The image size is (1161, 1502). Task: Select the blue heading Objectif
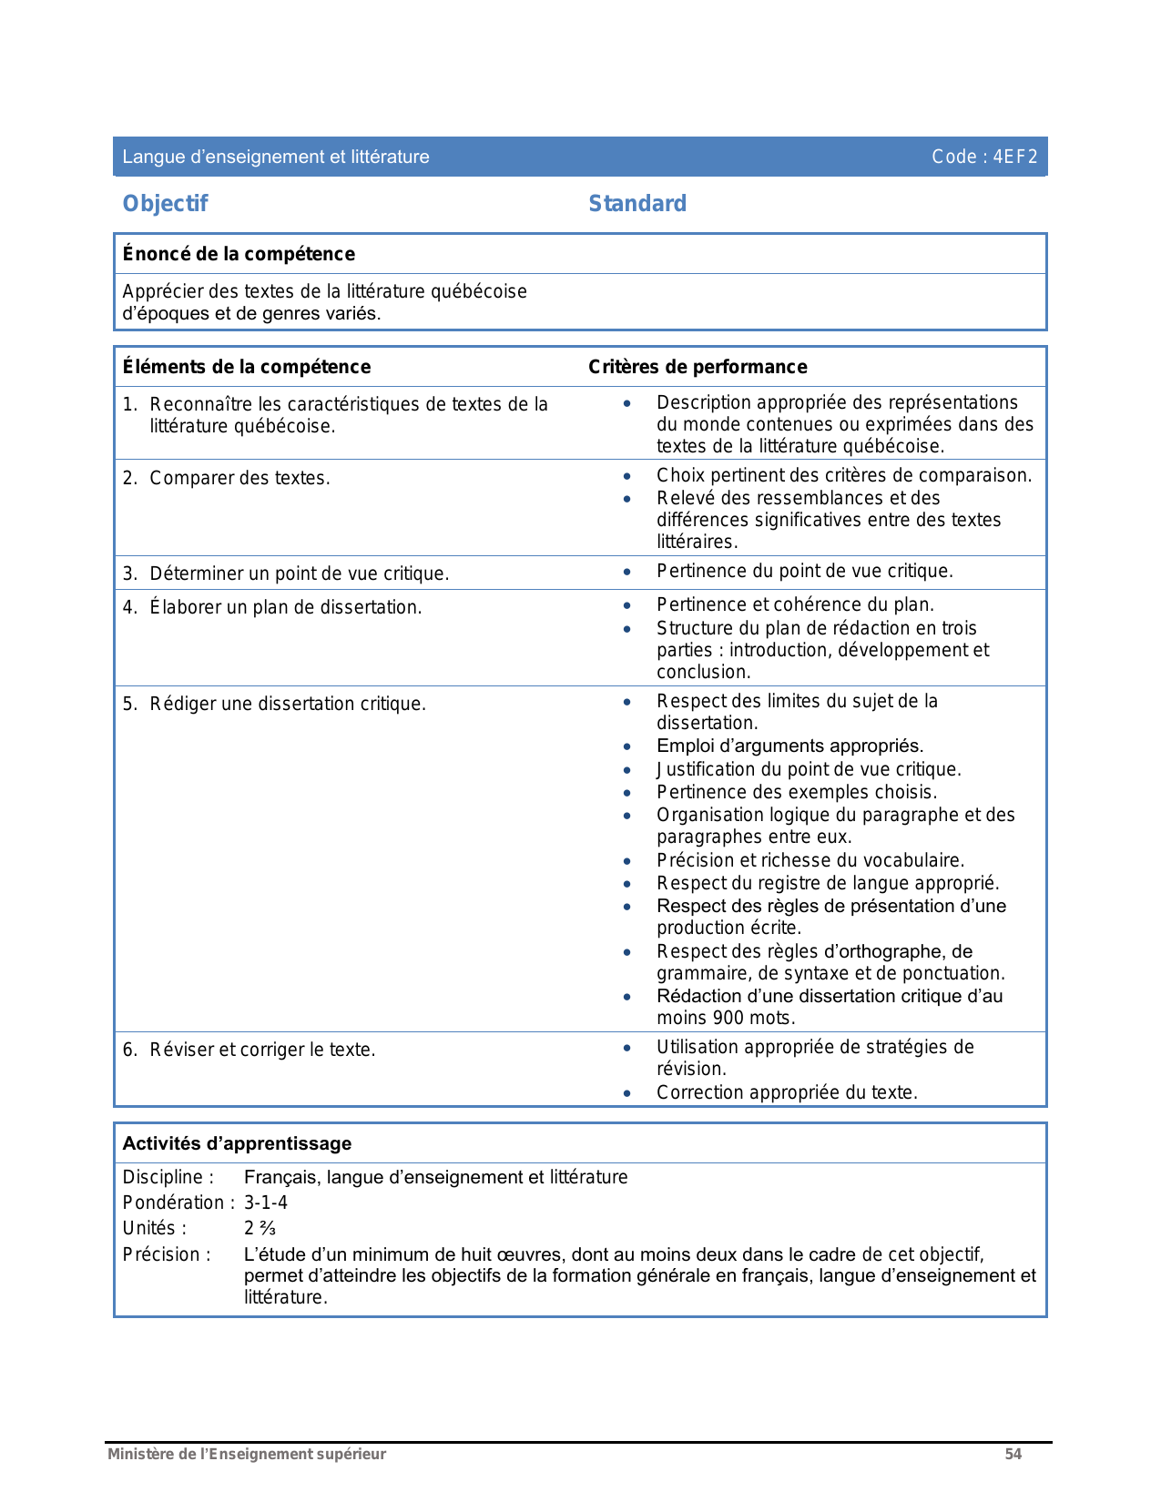[165, 204]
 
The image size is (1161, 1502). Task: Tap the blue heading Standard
[637, 204]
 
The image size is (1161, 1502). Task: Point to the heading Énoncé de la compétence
[239, 254]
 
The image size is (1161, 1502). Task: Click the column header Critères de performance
[698, 367]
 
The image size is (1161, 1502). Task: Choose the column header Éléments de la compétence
[246, 367]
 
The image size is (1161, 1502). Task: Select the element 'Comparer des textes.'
[239, 478]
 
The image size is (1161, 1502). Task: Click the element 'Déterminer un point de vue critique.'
[299, 573]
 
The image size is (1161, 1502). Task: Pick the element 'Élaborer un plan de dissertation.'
[285, 607]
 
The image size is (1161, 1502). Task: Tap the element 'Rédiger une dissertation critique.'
[287, 704]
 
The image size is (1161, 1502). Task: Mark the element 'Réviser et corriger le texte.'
[262, 1050]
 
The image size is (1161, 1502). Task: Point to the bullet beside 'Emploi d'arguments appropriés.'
[626, 746]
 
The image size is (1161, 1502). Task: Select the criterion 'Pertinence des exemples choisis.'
[797, 792]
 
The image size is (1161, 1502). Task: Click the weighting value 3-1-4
[266, 1203]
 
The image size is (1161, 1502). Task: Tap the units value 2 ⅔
[260, 1228]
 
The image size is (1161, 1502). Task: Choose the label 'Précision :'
[167, 1254]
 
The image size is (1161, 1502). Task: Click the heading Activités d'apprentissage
[237, 1143]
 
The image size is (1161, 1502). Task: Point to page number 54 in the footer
[1013, 1454]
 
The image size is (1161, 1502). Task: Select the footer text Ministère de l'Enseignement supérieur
[247, 1454]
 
